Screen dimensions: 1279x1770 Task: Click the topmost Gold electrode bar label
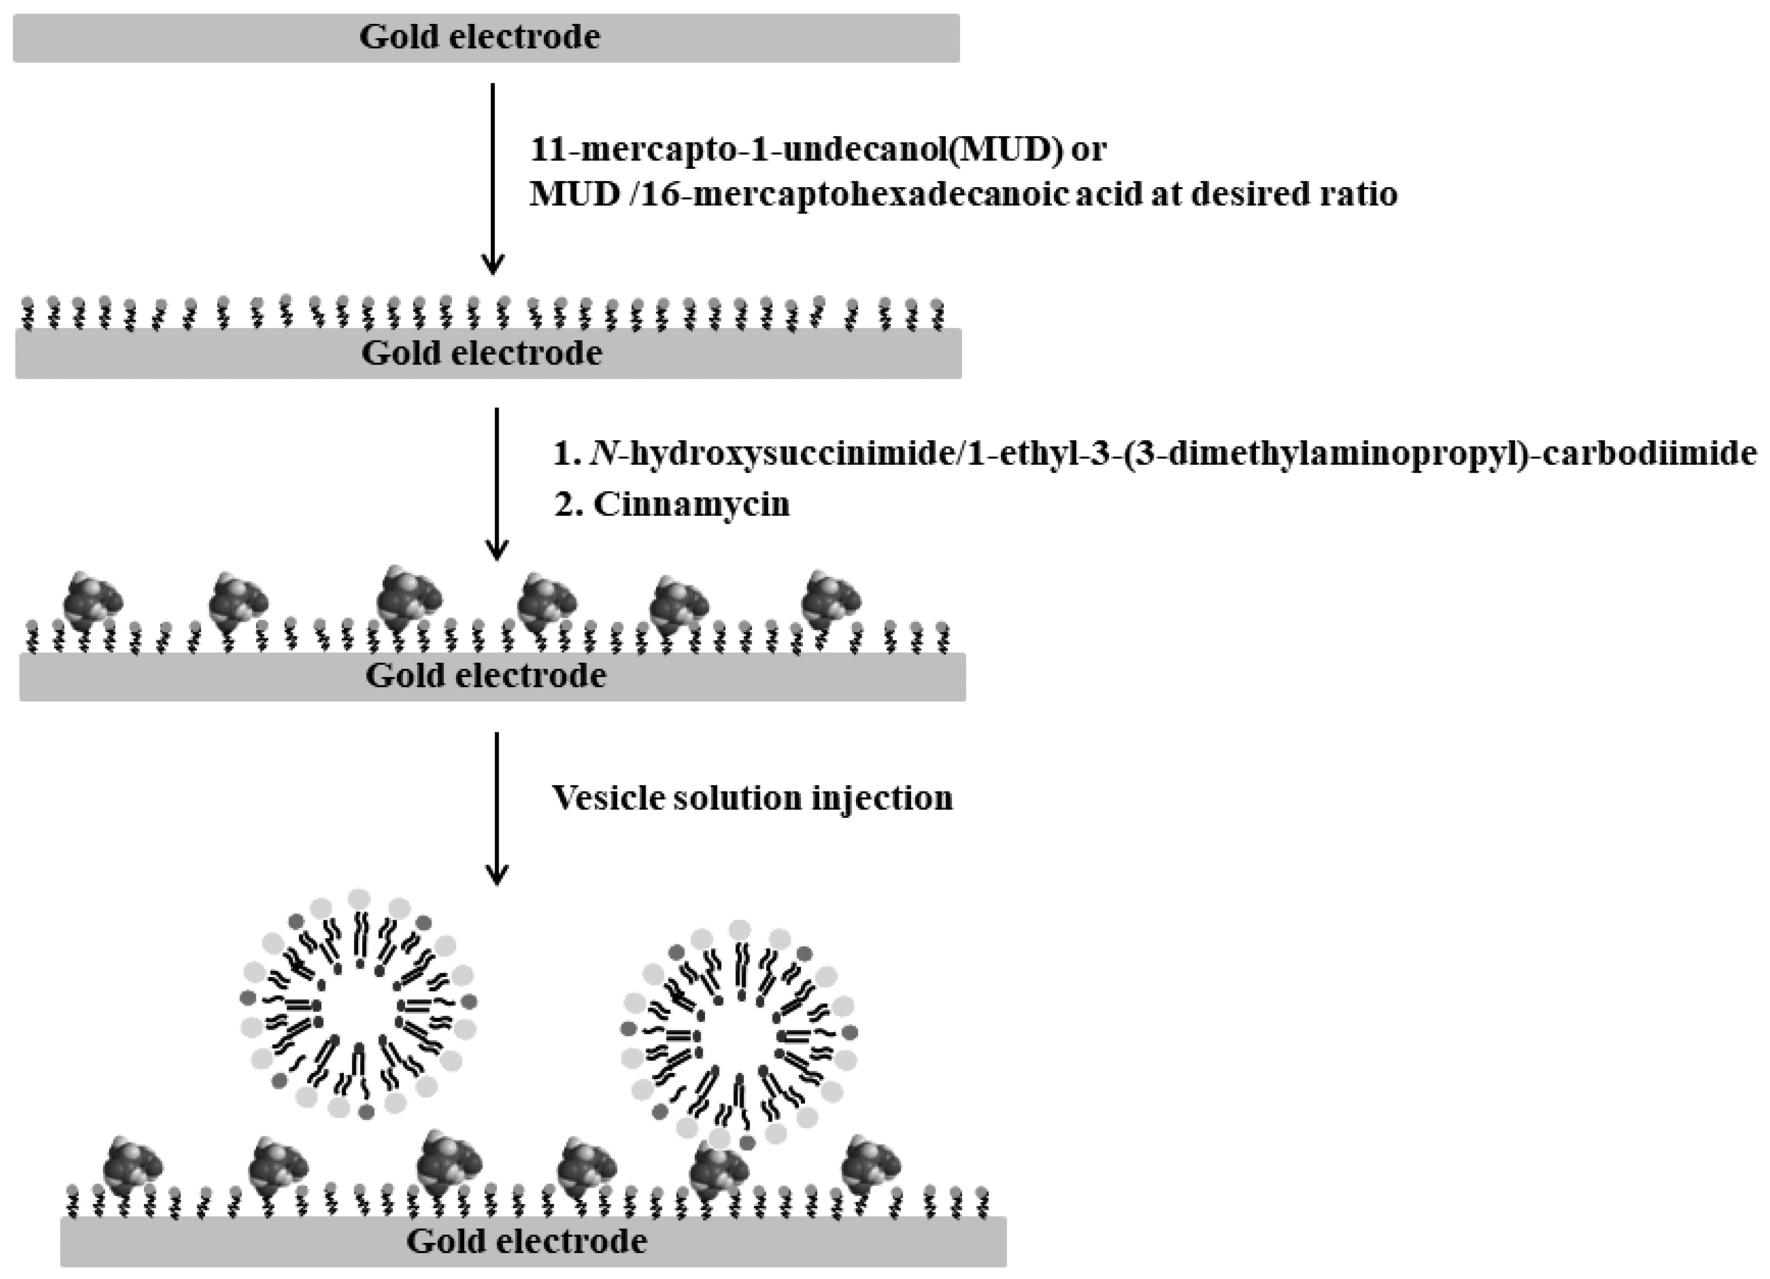coord(479,37)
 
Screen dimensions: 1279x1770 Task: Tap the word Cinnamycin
coord(691,504)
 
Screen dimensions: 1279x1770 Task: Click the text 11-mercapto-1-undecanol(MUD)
coord(795,148)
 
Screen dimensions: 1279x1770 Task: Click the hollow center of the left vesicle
coord(358,1008)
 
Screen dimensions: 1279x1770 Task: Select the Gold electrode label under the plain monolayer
coord(481,353)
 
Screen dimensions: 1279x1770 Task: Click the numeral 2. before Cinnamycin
coord(567,504)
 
